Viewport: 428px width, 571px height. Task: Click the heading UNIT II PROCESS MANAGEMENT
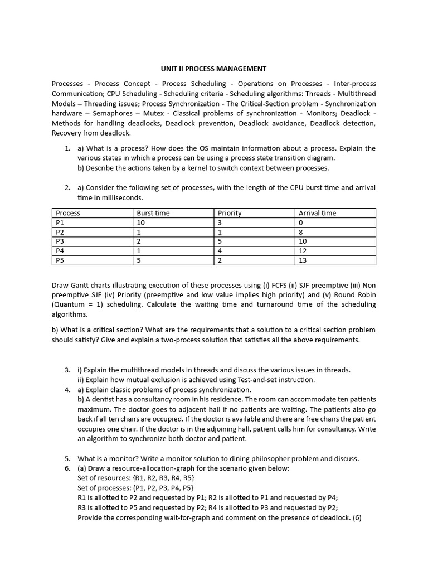(x=213, y=69)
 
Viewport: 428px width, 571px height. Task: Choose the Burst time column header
(x=153, y=213)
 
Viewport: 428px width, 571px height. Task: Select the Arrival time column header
(x=317, y=213)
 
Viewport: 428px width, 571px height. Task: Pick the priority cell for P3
(x=220, y=241)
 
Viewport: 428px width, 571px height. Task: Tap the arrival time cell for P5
(x=303, y=260)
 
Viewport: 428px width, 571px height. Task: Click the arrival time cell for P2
(x=301, y=232)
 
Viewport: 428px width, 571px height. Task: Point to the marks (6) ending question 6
(x=357, y=517)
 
